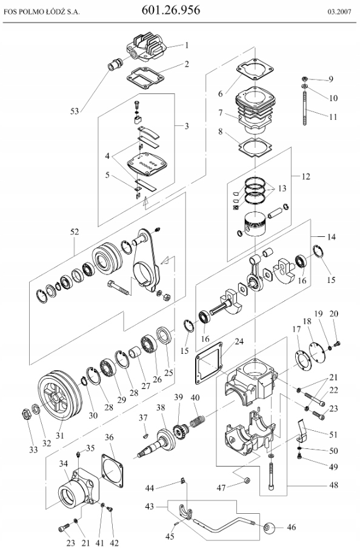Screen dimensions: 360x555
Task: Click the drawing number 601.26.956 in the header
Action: pos(171,10)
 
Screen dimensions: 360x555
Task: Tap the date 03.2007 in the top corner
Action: pos(339,12)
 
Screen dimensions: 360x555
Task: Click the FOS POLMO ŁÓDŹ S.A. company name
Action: pos(42,12)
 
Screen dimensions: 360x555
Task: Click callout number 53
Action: pos(75,111)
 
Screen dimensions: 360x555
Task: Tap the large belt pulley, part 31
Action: pos(60,394)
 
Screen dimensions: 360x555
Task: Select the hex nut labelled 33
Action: pos(26,413)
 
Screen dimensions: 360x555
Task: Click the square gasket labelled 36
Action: pos(113,470)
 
